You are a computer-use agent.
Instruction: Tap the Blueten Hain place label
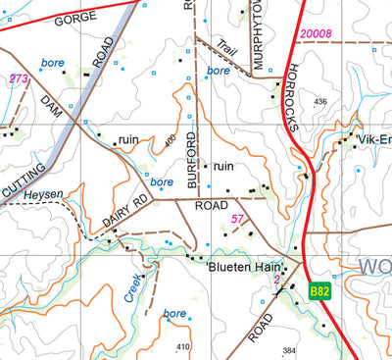(245, 266)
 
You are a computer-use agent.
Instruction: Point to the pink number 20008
(317, 34)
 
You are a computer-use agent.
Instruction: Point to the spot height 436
(319, 102)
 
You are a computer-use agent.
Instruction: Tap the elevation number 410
(182, 347)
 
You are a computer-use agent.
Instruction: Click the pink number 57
(236, 218)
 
